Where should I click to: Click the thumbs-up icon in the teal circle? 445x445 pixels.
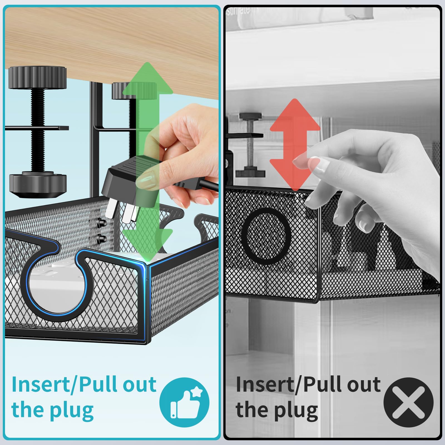coord(184,402)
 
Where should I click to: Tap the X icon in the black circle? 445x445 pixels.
coord(408,402)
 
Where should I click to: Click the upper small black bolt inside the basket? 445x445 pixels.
coord(101,222)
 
